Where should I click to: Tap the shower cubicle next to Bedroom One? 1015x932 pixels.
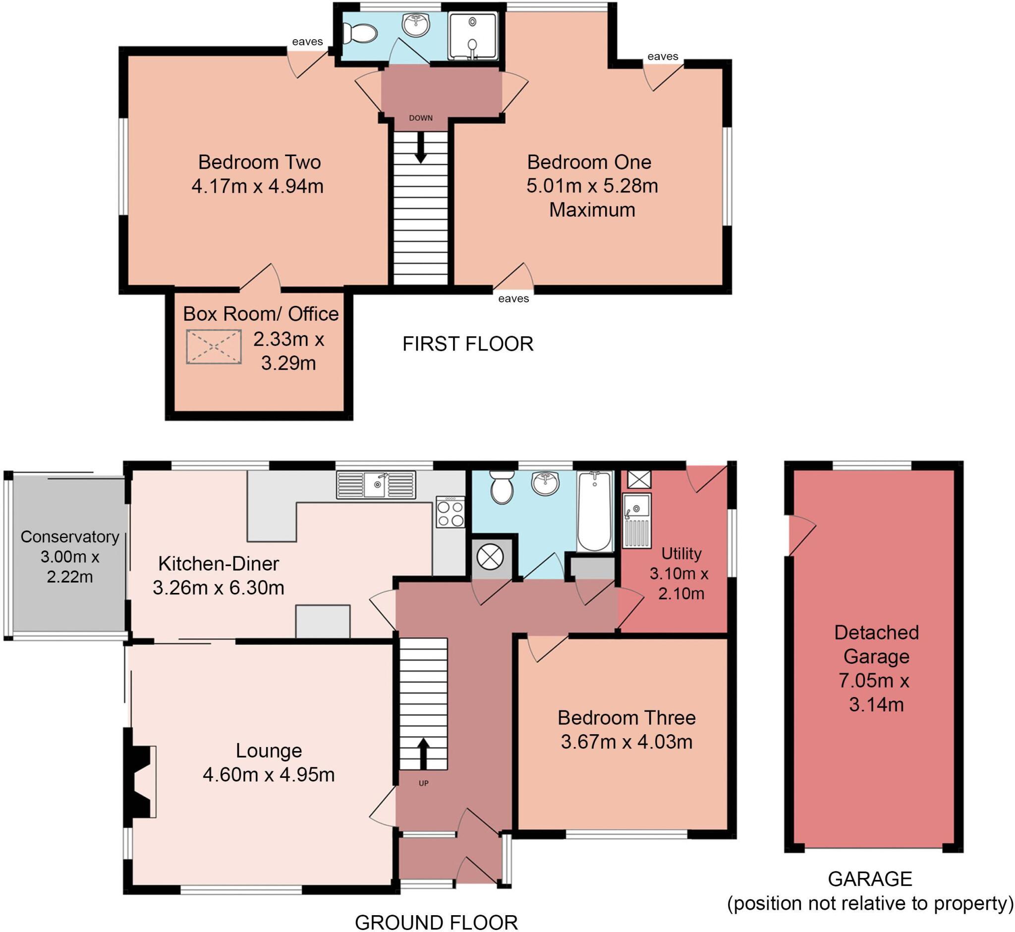coord(472,36)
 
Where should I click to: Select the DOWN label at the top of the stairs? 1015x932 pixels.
coord(421,118)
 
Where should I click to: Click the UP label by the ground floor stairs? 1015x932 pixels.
coord(424,784)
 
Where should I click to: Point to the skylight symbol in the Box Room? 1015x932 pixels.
coord(214,347)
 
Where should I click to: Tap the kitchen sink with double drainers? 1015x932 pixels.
coord(376,485)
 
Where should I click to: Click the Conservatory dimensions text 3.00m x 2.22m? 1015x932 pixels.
coord(70,566)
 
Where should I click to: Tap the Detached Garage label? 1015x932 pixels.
coord(876,644)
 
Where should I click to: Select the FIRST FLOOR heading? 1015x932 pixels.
coord(467,344)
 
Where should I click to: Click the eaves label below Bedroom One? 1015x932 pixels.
coord(513,298)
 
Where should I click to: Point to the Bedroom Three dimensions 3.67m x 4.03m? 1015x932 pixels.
coord(626,742)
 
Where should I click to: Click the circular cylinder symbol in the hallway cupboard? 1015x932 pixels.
coord(490,558)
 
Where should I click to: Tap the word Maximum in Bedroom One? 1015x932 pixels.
coord(592,210)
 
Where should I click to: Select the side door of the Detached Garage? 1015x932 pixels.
coord(800,535)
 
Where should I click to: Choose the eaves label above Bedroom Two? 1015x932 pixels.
coord(307,42)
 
